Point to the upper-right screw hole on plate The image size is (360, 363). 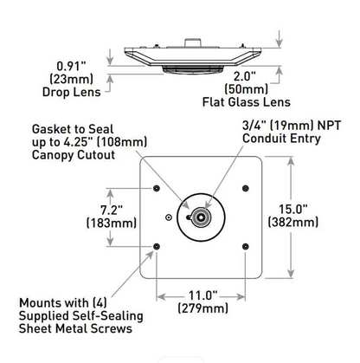pos(247,189)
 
